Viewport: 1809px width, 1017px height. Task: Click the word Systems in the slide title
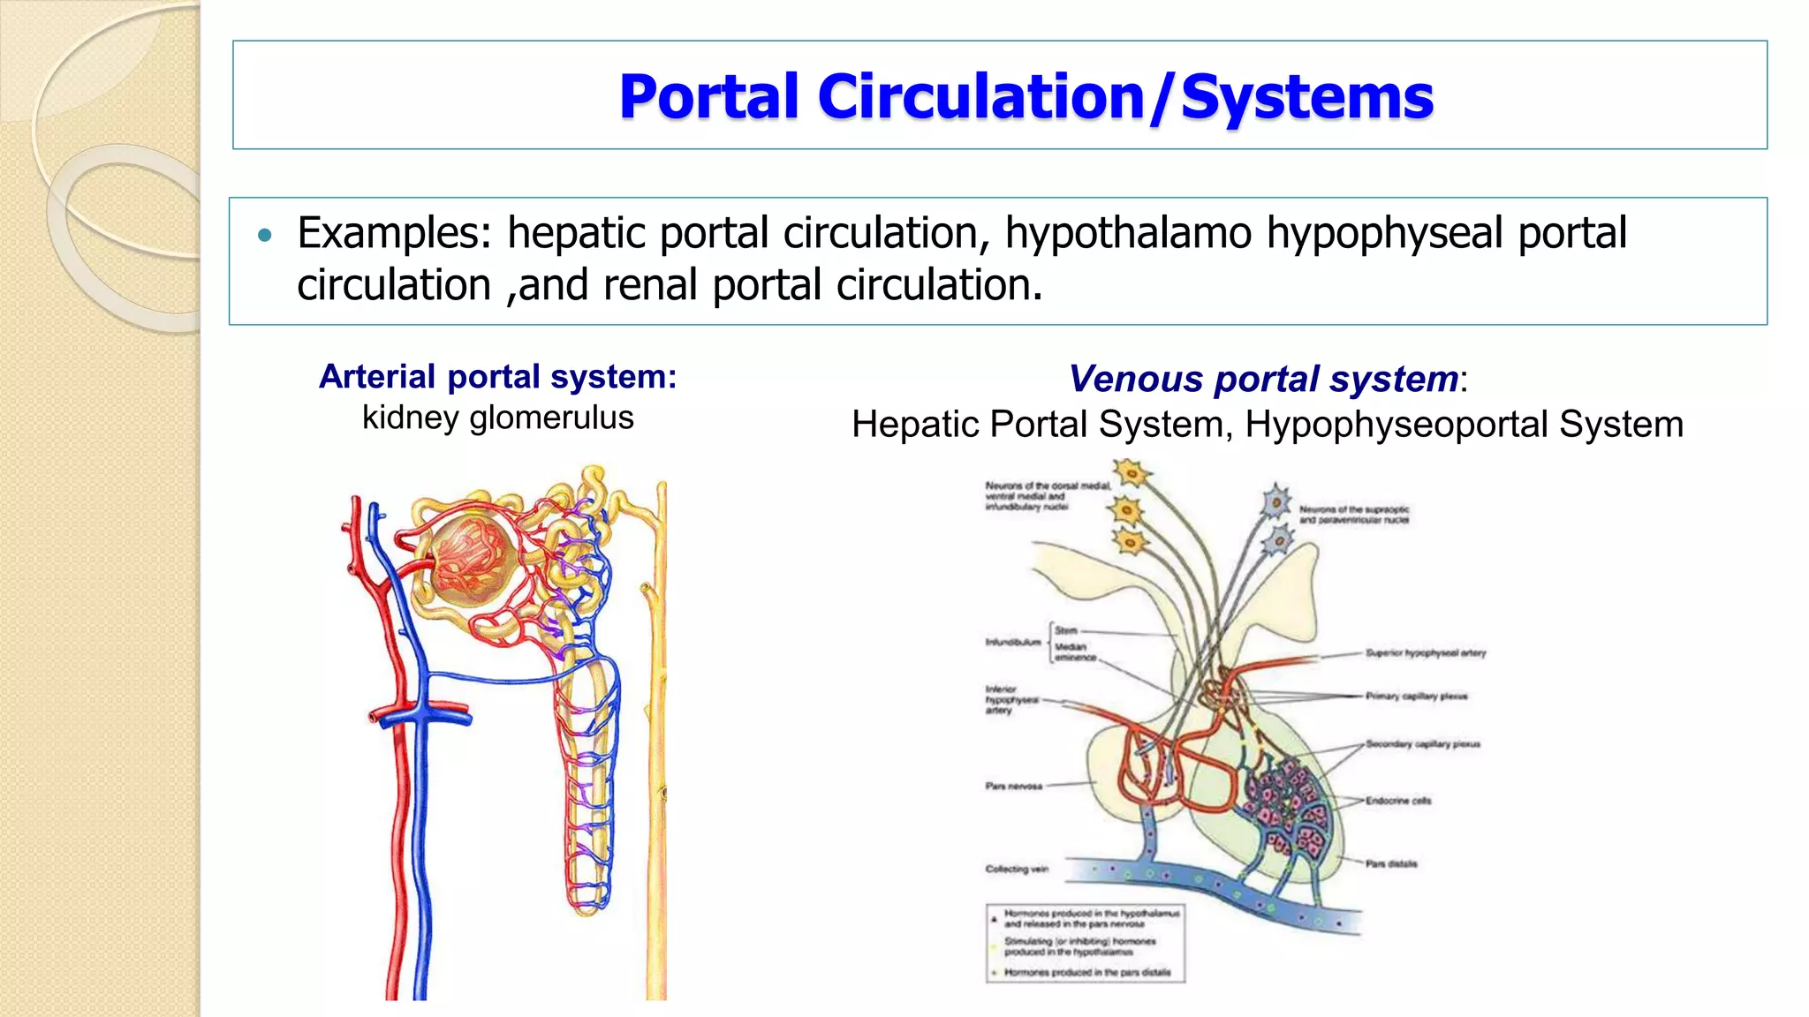coord(1306,96)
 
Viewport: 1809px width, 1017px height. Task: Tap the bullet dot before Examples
coord(265,235)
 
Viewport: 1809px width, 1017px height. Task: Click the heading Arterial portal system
coord(497,377)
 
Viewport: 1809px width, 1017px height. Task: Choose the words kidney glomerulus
coord(497,418)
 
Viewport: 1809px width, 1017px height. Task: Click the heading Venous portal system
coord(1263,379)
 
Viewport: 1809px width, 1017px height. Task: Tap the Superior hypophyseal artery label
coord(1426,653)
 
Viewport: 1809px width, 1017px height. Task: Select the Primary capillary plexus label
coord(1416,697)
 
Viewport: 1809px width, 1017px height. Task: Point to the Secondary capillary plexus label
coord(1422,744)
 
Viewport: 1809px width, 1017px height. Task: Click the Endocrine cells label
coord(1398,801)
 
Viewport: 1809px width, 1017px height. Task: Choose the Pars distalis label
coord(1391,863)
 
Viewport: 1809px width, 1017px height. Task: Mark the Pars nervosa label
coord(1014,786)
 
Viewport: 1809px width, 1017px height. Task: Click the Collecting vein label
coord(1017,869)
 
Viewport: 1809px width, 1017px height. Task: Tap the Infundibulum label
coord(1013,642)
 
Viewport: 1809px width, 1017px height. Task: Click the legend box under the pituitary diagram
coord(1086,943)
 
